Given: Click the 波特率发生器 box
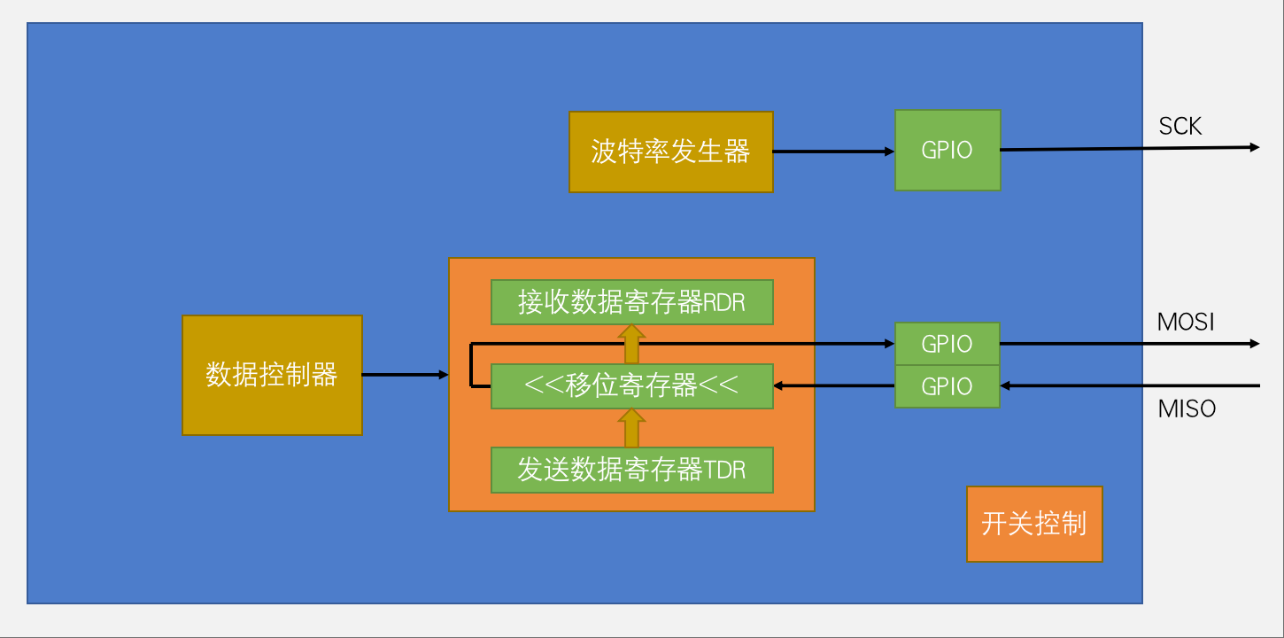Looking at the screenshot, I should tap(670, 152).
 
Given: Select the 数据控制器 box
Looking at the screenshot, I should tap(272, 375).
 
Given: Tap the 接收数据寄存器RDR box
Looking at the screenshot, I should tap(631, 302).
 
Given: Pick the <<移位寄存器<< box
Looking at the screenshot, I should tap(631, 386).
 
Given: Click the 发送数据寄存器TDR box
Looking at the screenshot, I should tap(631, 470).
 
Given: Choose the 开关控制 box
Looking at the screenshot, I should tap(1033, 524).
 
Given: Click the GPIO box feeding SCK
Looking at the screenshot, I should tap(947, 150).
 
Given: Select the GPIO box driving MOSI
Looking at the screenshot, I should tap(947, 344).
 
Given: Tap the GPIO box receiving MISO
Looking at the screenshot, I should tap(947, 386).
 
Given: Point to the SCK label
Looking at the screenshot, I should tap(1180, 127).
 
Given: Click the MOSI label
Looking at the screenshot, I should tap(1186, 322).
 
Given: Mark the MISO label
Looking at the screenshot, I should tap(1187, 408).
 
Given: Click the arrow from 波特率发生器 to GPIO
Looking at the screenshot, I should tap(832, 152).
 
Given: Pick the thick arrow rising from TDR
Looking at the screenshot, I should tap(631, 428).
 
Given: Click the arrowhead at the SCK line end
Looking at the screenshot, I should tap(1254, 147).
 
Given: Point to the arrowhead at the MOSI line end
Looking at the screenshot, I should tap(1254, 344).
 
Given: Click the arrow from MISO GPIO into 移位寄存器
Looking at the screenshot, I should tap(832, 386).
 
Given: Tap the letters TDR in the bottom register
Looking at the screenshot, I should tap(725, 470).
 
